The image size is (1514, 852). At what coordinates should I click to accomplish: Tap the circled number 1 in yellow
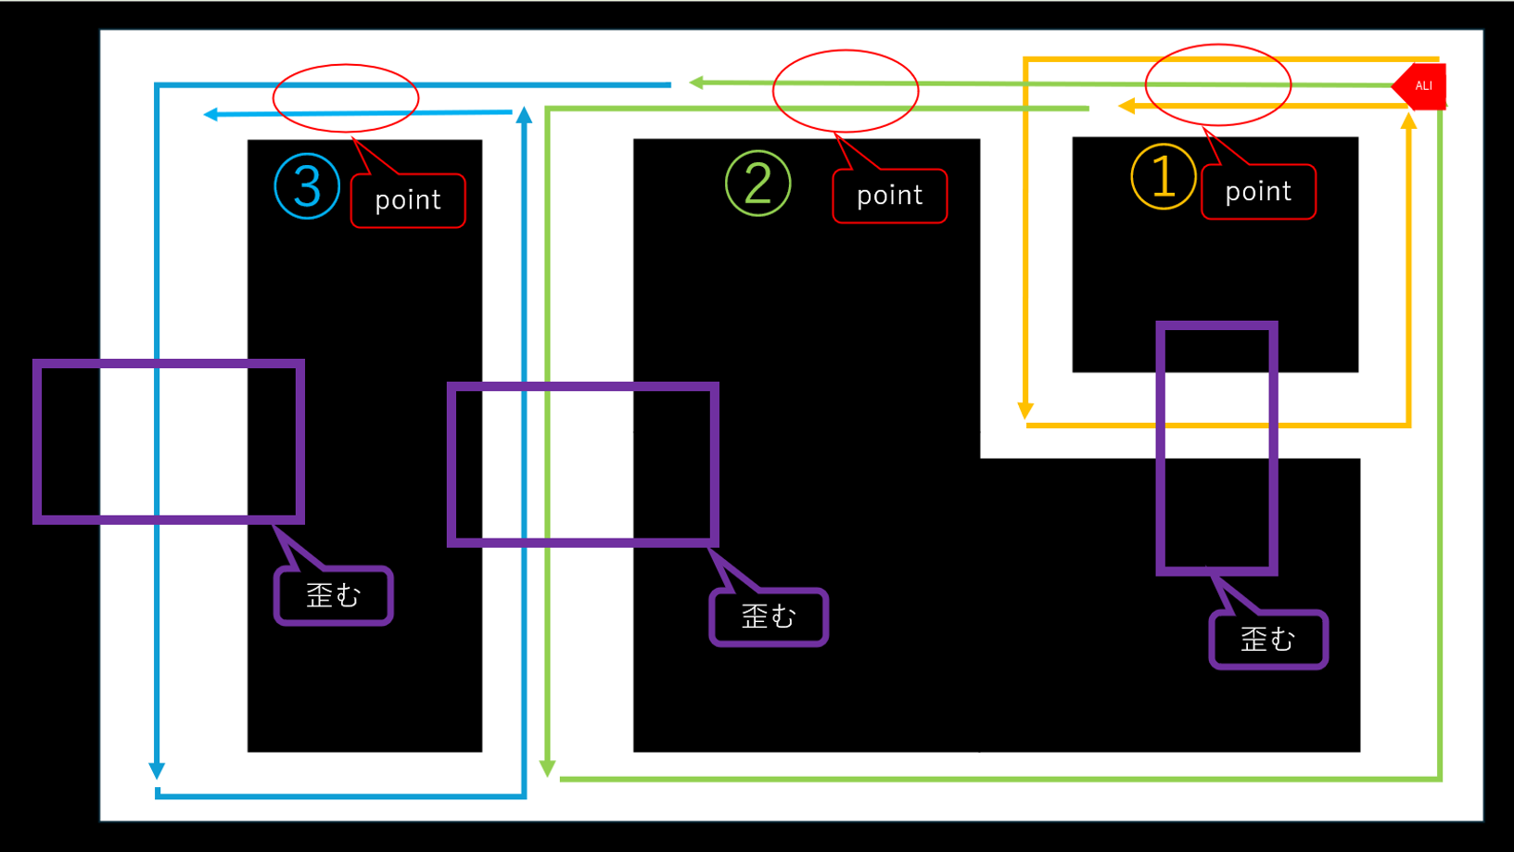(x=1163, y=176)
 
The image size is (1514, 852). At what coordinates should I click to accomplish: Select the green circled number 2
(x=757, y=183)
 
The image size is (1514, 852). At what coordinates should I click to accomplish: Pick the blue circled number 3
(x=307, y=185)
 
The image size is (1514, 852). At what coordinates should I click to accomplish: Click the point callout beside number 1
(x=1258, y=192)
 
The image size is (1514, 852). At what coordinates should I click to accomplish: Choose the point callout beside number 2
(x=889, y=196)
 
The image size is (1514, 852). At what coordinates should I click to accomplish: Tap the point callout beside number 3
(x=408, y=200)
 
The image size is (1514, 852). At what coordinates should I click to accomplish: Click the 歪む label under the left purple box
(x=334, y=595)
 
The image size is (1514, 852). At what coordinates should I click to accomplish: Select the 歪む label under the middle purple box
(x=769, y=617)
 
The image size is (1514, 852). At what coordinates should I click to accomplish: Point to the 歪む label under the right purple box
(x=1268, y=639)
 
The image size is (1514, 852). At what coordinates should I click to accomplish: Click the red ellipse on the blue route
(x=346, y=98)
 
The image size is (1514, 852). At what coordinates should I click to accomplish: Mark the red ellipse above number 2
(x=846, y=91)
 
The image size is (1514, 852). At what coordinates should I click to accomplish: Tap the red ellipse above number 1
(x=1218, y=84)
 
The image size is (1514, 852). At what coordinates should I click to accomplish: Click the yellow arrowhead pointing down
(x=1025, y=411)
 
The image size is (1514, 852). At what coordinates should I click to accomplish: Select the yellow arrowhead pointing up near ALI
(x=1408, y=121)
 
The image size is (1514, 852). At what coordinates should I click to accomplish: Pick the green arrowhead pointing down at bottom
(x=548, y=769)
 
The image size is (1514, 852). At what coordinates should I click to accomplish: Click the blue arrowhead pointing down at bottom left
(x=157, y=770)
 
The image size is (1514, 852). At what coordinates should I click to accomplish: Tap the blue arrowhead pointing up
(x=525, y=115)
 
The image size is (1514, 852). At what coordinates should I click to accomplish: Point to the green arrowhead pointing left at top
(x=696, y=83)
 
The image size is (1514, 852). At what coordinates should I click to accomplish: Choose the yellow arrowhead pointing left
(x=1126, y=107)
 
